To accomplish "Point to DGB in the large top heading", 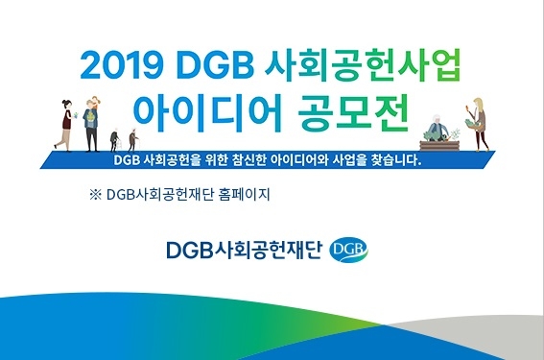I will pos(222,65).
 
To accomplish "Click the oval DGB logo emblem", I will pos(347,252).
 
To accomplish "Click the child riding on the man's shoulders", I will pos(93,104).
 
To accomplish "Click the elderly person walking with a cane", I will pos(129,141).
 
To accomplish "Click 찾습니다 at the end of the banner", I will pos(394,160).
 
